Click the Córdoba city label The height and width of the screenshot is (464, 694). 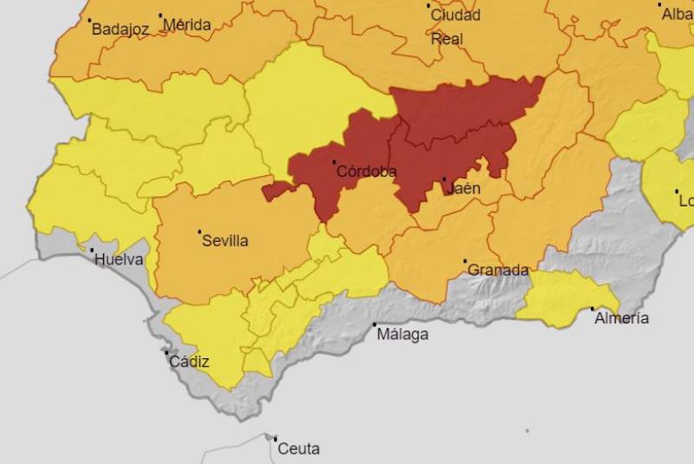point(368,172)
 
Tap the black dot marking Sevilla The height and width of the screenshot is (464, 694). point(200,232)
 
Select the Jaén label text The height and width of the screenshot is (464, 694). point(464,188)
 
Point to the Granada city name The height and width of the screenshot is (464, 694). point(498,270)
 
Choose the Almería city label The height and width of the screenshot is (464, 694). point(621,318)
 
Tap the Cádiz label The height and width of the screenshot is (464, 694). point(189,362)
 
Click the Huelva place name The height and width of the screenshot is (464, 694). point(120,259)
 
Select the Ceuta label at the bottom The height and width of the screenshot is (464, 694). point(298,448)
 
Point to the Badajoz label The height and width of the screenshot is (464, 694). point(121,29)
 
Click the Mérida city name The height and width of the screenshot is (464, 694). point(187,25)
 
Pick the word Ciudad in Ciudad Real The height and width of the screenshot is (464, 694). point(456,16)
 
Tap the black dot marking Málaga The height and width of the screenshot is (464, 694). point(375,324)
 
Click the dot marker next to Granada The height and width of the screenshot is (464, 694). point(465,260)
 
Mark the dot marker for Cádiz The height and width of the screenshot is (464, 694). point(167,352)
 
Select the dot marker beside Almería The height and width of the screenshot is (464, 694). point(593,309)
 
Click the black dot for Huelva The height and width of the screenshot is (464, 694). point(92,250)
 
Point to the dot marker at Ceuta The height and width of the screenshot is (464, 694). point(275,439)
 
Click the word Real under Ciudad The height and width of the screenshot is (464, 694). point(447,39)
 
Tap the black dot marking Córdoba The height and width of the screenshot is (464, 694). point(334,162)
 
